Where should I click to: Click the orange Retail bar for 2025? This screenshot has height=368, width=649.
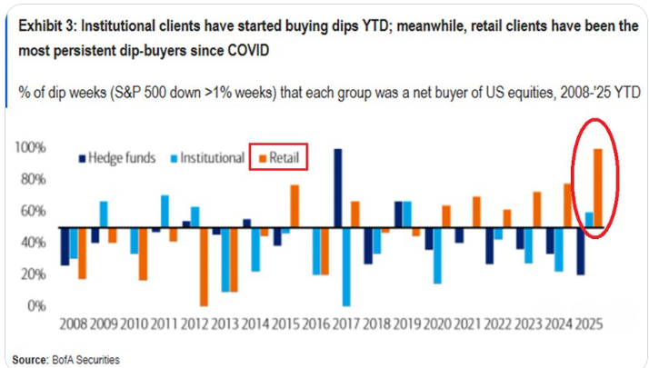click(598, 188)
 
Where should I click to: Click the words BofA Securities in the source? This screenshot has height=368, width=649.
click(86, 359)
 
